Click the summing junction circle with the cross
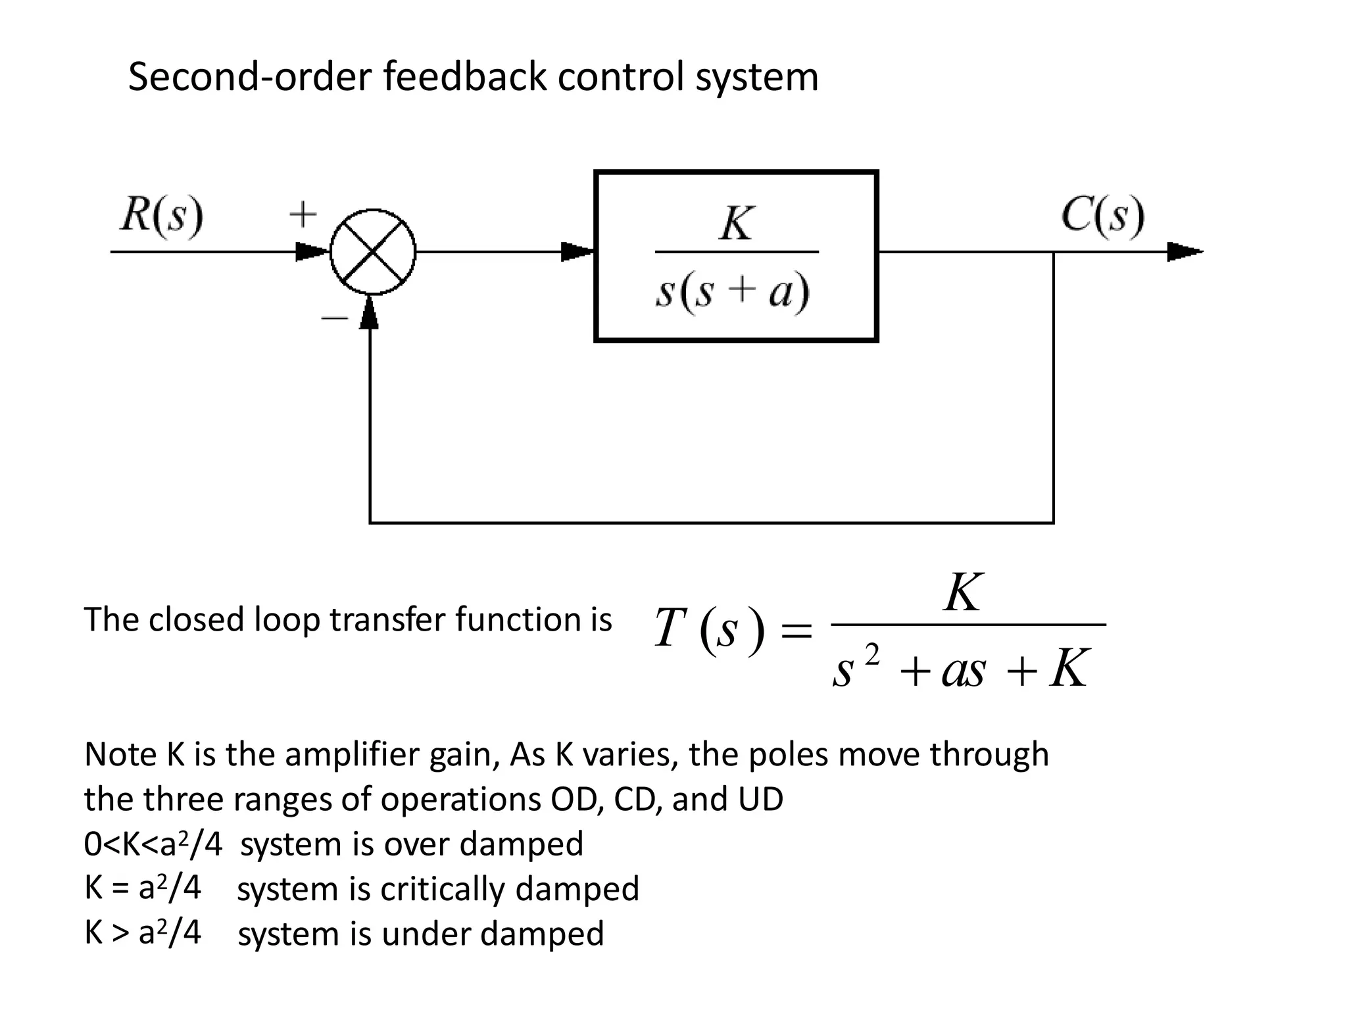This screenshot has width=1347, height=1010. click(373, 252)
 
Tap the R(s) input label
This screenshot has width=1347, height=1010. click(162, 216)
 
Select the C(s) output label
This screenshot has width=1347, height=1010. click(1102, 216)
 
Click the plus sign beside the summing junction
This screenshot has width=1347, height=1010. click(303, 214)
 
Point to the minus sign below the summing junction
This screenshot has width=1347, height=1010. click(334, 318)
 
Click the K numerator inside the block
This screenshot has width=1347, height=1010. click(736, 224)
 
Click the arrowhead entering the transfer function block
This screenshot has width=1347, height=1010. click(577, 252)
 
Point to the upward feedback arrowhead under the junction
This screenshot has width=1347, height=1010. click(370, 313)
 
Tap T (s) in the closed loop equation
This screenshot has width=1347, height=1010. click(709, 629)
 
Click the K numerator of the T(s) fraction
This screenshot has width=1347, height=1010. click(963, 592)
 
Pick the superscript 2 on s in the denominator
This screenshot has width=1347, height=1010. click(872, 655)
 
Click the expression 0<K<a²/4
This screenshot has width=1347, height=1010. click(153, 844)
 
